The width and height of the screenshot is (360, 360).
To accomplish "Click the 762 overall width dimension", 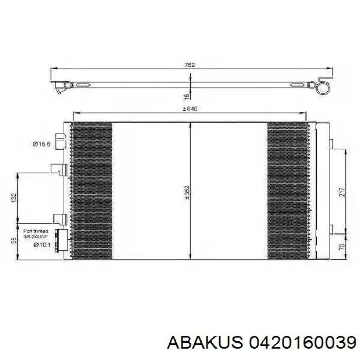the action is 190,65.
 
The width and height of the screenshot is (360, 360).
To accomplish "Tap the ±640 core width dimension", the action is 190,109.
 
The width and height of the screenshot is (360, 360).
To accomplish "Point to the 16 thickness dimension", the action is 187,96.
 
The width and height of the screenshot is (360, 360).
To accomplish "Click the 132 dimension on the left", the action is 14,198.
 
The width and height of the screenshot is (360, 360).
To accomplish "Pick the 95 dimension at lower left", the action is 14,241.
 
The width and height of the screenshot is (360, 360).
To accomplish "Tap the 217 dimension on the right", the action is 342,192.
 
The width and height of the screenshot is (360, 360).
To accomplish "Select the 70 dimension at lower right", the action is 342,247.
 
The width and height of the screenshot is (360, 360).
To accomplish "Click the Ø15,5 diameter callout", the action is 41,144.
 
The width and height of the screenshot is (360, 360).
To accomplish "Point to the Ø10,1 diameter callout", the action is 42,245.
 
